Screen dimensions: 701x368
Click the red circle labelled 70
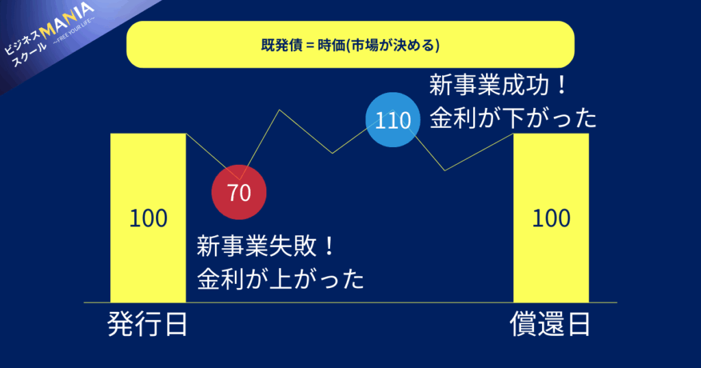tap(239, 192)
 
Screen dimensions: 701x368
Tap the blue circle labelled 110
tap(393, 120)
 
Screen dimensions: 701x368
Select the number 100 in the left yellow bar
tap(148, 218)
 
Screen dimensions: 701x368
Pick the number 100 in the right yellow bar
tap(551, 218)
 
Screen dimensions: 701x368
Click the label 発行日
tap(148, 324)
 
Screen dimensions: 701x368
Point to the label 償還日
tap(550, 324)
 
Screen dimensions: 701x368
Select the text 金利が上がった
tap(280, 278)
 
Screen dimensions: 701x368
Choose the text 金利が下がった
tap(513, 118)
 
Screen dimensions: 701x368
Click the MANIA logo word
tap(67, 21)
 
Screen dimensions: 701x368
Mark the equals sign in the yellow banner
tap(310, 46)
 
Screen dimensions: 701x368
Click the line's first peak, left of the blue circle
tap(280, 110)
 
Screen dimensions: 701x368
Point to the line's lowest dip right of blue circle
tap(445, 170)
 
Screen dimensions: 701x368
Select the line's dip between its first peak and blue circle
tap(332, 153)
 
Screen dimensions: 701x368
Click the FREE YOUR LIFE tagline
tap(74, 31)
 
